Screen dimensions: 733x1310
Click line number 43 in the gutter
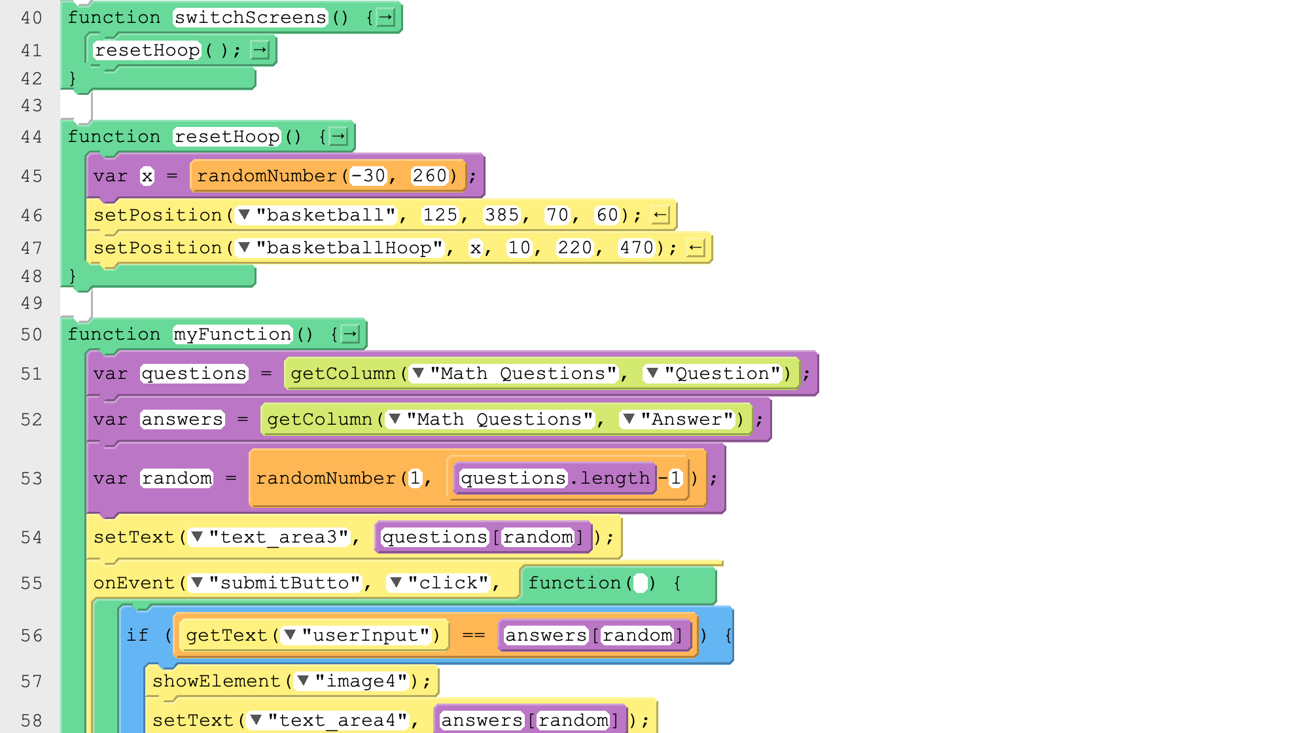pyautogui.click(x=31, y=105)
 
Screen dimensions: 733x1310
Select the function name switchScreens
pyautogui.click(x=250, y=18)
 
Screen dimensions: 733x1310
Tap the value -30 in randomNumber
pyautogui.click(x=368, y=176)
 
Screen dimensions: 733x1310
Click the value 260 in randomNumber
pyautogui.click(x=429, y=176)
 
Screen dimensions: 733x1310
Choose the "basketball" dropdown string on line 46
pyautogui.click(x=317, y=215)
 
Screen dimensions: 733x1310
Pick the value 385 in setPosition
pyautogui.click(x=501, y=215)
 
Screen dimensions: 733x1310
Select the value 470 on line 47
pyautogui.click(x=636, y=248)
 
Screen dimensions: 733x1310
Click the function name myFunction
pyautogui.click(x=232, y=334)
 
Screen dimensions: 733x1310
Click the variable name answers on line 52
pyautogui.click(x=182, y=420)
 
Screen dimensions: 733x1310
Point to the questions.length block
pyautogui.click(x=555, y=478)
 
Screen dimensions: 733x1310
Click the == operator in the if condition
pyautogui.click(x=473, y=635)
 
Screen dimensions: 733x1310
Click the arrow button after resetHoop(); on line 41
pyautogui.click(x=260, y=50)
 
